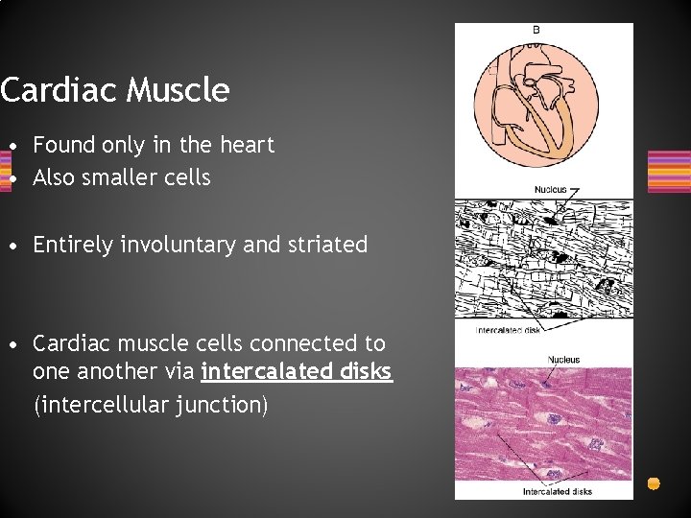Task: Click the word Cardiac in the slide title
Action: coord(60,90)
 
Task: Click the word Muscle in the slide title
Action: coord(179,90)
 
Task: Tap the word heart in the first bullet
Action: coord(246,145)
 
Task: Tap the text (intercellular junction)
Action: coord(151,406)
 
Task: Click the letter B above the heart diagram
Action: coord(536,31)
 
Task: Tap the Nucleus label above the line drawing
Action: coord(550,189)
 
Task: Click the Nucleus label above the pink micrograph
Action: coord(563,360)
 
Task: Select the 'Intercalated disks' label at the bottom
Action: coord(557,491)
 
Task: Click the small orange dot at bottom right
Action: coord(654,483)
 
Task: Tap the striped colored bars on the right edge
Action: coord(670,172)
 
